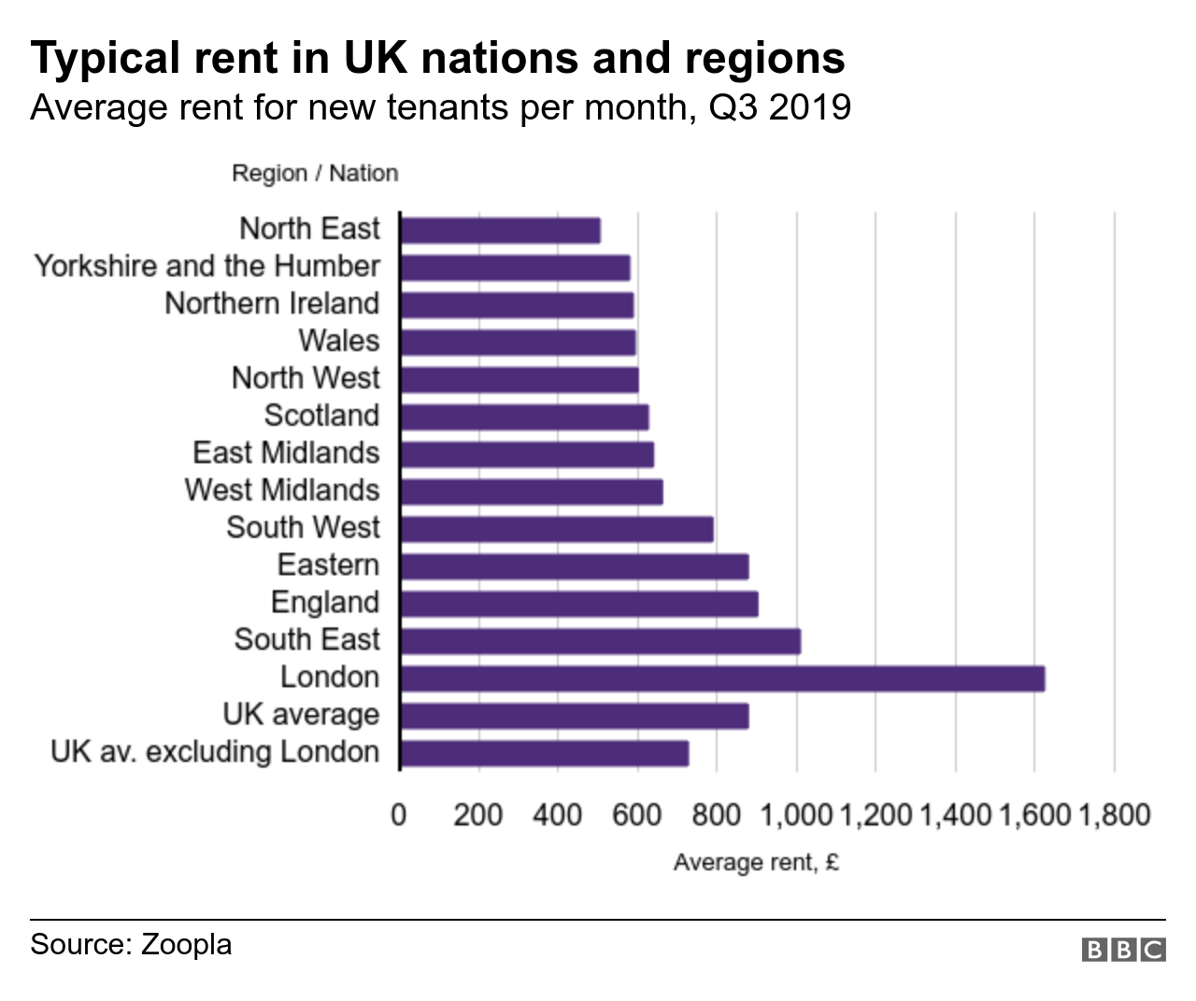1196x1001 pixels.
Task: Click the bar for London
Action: coord(722,678)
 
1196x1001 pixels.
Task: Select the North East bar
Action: coord(500,230)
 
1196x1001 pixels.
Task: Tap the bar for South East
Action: coord(600,641)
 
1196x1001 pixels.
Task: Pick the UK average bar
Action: coord(574,715)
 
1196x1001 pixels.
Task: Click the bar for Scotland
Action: coord(524,416)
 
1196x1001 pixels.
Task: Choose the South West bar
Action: coord(556,529)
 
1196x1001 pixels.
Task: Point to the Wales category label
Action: coord(339,341)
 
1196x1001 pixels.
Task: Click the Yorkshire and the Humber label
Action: coord(207,266)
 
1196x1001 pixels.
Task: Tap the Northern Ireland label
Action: coord(272,303)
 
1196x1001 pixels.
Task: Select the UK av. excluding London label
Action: coord(215,752)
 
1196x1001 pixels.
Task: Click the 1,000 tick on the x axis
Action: coord(796,814)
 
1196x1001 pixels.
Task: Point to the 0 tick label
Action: coord(399,814)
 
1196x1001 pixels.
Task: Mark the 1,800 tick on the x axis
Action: coord(1114,814)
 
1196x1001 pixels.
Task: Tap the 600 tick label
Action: coord(637,814)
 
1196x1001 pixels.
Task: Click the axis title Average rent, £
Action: coord(756,862)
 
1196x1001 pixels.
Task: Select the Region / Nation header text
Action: coord(315,174)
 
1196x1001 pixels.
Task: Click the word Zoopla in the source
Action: coord(186,944)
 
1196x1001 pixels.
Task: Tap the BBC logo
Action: coord(1123,950)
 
